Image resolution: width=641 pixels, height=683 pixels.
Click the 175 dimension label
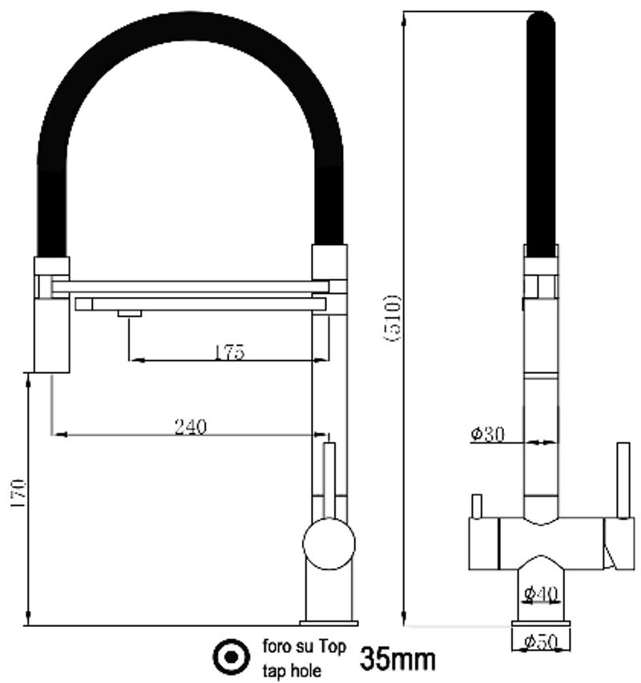[x=230, y=352]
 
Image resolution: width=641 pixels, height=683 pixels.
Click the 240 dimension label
[x=191, y=427]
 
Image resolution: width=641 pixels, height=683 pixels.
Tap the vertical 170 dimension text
[x=18, y=492]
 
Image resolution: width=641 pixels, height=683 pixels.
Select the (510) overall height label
[x=392, y=318]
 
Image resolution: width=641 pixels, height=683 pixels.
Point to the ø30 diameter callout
[x=488, y=434]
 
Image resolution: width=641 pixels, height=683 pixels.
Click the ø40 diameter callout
[x=541, y=593]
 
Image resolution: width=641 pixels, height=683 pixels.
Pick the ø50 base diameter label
[x=541, y=641]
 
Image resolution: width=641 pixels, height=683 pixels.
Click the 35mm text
[x=397, y=659]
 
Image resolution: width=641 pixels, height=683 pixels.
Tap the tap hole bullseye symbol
[x=232, y=657]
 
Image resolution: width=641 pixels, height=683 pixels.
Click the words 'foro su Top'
[x=304, y=646]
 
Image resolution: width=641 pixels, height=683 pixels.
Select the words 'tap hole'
[x=292, y=671]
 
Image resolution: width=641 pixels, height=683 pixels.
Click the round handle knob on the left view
[x=329, y=544]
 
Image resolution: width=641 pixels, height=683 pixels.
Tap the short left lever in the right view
[x=478, y=506]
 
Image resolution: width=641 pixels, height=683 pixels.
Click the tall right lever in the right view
[x=623, y=480]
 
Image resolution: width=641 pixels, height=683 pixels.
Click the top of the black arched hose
[x=191, y=26]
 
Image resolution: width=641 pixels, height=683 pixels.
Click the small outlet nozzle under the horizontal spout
[x=130, y=314]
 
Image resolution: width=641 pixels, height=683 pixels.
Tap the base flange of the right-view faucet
[x=541, y=624]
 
